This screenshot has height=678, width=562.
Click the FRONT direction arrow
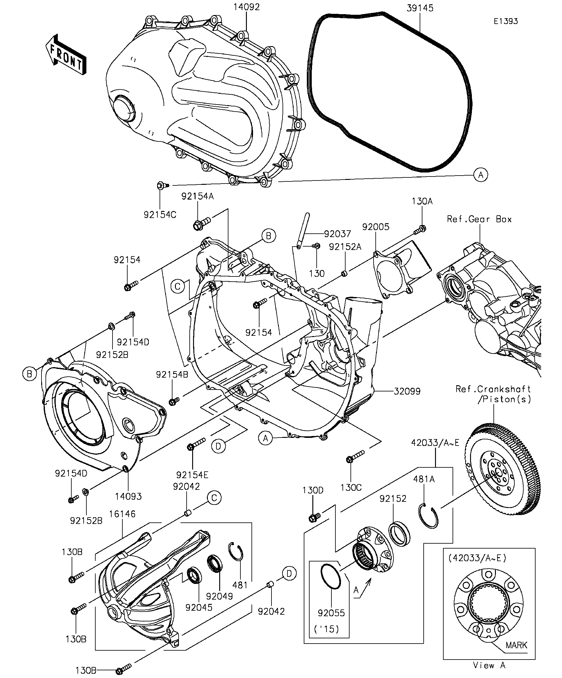pos(65,54)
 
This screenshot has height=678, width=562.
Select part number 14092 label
pos(247,7)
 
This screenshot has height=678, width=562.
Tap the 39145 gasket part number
pos(420,8)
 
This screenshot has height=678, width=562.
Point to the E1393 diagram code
pos(505,21)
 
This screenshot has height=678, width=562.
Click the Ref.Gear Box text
pos(479,219)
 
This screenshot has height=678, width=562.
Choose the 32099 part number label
pos(407,391)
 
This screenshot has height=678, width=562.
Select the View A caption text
pos(489,665)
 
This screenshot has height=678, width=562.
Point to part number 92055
pos(331,613)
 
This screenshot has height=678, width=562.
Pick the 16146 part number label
pos(122,514)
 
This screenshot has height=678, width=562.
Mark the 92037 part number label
pos(337,234)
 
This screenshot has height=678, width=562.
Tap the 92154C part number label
pos(160,215)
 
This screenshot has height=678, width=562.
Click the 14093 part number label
pos(128,496)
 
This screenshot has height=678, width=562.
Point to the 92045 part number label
pos(199,607)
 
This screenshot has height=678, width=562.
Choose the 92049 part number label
pos(219,596)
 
